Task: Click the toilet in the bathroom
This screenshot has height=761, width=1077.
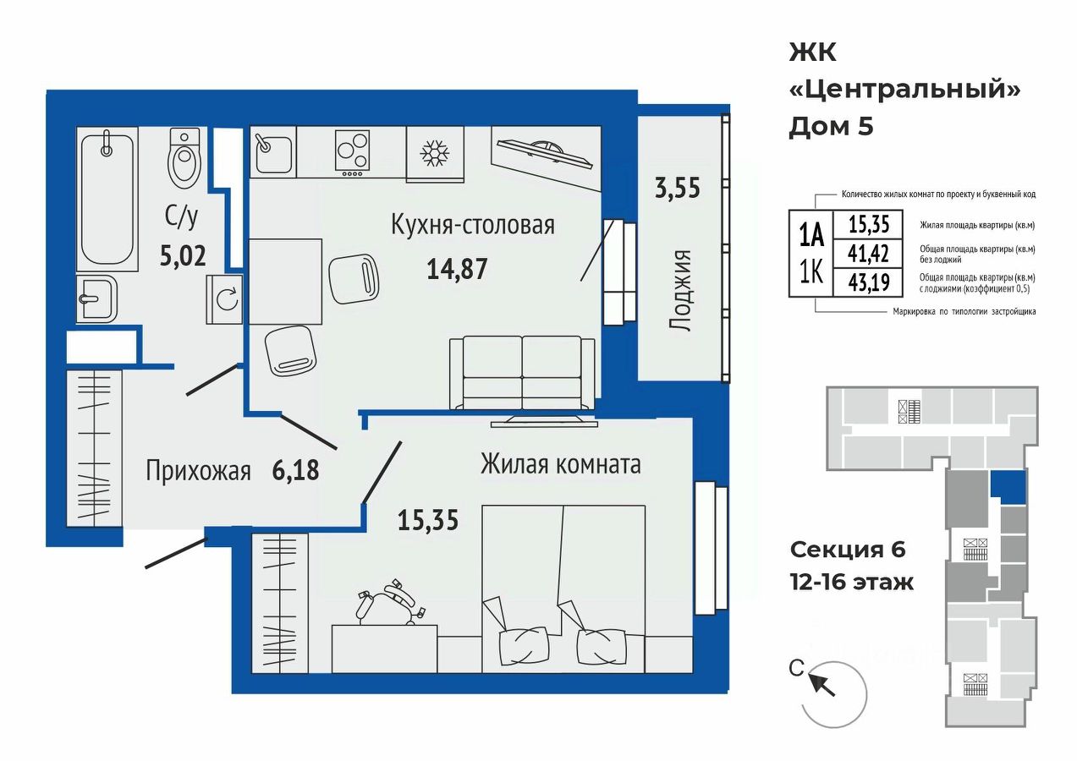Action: coord(184,158)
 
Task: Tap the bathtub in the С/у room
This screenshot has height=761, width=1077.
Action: coord(107,199)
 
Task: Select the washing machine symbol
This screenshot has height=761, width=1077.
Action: coord(224,299)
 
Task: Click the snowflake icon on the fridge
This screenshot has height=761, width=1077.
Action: coord(435,153)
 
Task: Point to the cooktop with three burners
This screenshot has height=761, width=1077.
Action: coord(353,153)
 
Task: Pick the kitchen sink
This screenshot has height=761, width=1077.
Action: coord(273,152)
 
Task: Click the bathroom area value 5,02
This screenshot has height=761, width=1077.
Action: coord(183,255)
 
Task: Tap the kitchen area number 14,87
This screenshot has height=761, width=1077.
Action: coord(457,269)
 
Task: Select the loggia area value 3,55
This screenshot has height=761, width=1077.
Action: coord(678,188)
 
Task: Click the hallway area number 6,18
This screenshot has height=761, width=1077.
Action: coord(295,470)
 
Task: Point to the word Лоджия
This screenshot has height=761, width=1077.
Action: coord(680,291)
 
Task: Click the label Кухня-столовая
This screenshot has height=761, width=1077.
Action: coord(473,225)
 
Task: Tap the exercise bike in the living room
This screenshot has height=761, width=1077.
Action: coord(389,603)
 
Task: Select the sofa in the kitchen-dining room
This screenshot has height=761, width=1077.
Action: coord(522,373)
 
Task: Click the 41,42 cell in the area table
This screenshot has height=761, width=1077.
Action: coord(868,253)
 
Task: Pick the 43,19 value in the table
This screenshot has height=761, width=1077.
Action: coord(869,282)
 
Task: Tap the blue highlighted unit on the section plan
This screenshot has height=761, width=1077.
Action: coord(1008,487)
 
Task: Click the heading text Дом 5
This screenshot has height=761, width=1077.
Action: coord(831,128)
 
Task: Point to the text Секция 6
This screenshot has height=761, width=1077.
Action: coord(848,550)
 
